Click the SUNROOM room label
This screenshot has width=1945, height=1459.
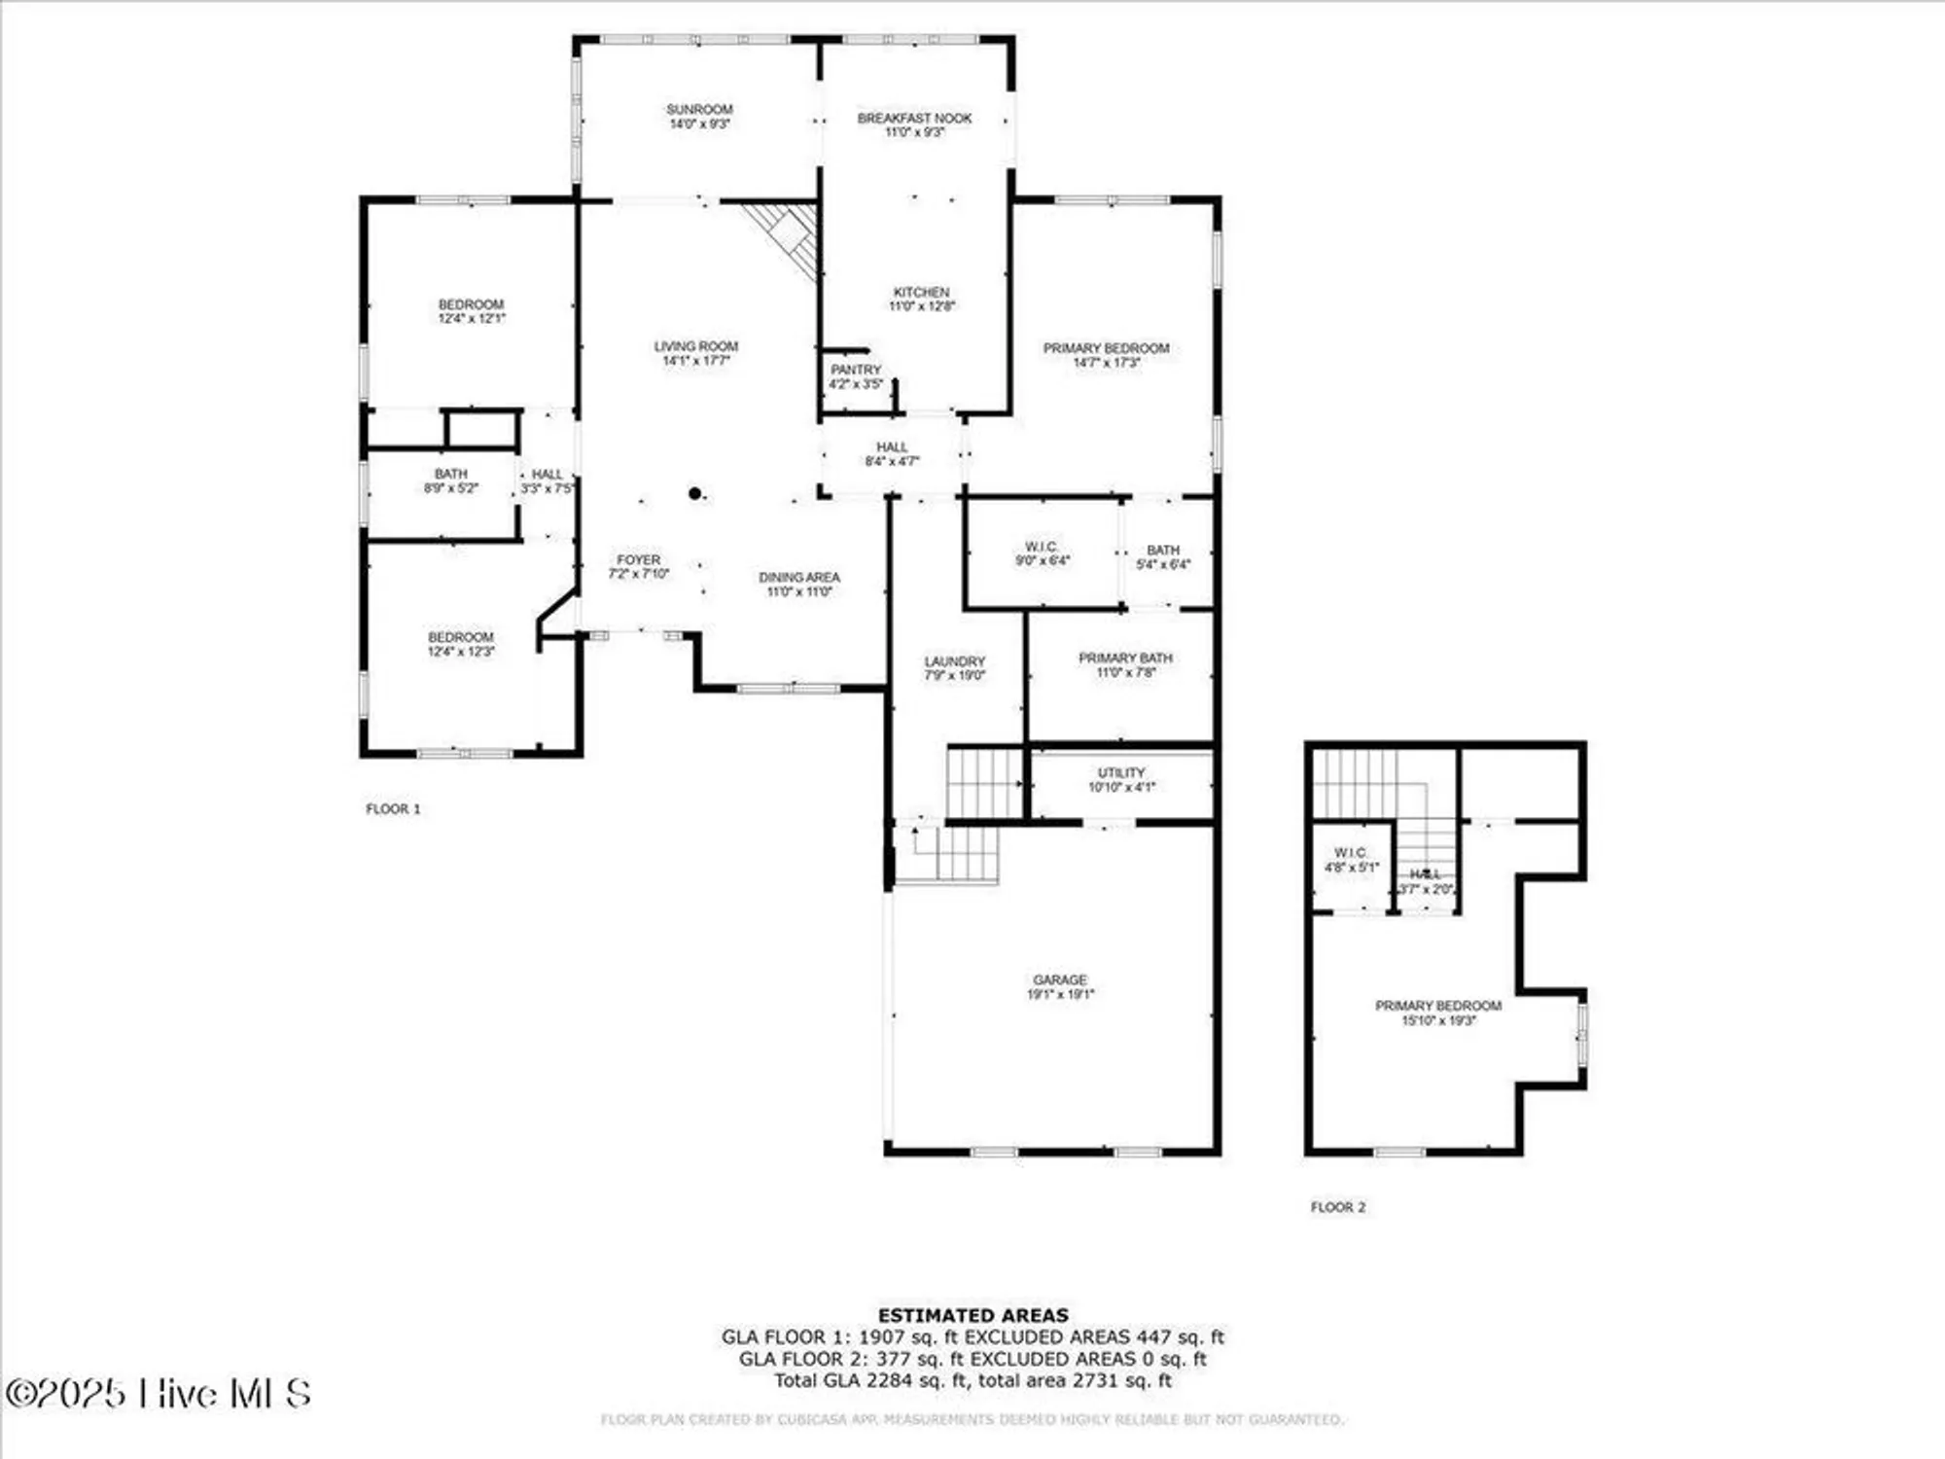(699, 110)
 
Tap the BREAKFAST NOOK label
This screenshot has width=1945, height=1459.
(914, 119)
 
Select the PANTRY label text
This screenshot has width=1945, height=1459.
(856, 370)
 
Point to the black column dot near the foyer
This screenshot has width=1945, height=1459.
(695, 494)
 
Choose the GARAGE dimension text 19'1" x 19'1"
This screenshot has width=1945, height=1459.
(1060, 994)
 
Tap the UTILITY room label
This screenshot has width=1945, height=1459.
(1121, 772)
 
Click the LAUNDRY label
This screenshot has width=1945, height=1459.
(954, 661)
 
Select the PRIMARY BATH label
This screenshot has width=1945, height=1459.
(1125, 658)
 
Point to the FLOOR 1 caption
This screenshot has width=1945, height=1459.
(393, 808)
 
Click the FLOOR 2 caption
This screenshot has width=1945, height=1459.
(1337, 1207)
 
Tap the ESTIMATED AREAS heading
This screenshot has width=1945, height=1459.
(972, 1315)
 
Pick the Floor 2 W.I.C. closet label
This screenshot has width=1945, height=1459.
(1351, 853)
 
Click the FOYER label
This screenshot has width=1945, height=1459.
(638, 560)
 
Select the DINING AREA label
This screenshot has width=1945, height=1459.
(798, 578)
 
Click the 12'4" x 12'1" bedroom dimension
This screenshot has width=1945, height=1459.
(472, 319)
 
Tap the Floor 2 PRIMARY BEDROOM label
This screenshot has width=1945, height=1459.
(1437, 1006)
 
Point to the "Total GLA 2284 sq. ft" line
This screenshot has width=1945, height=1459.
(972, 1380)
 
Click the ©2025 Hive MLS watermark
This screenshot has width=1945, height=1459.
(158, 1394)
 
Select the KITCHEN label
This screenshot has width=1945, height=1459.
(921, 292)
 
